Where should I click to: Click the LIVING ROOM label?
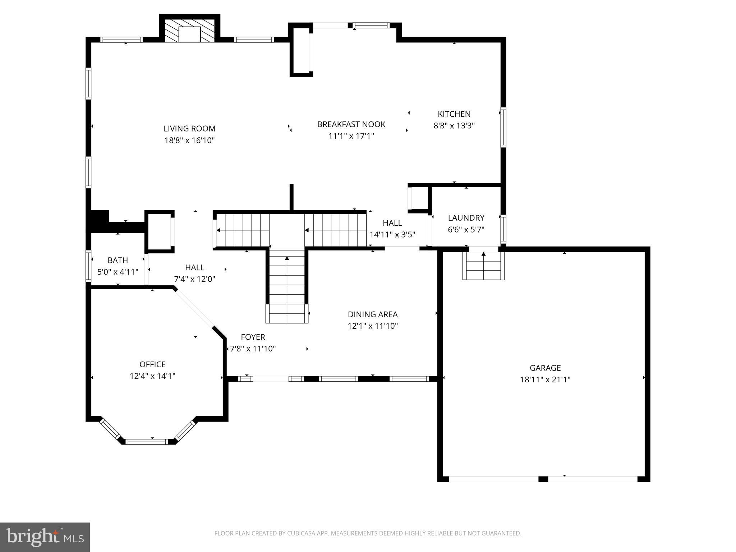click(x=189, y=129)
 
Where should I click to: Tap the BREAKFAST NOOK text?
click(x=351, y=124)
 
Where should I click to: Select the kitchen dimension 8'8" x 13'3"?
click(x=454, y=126)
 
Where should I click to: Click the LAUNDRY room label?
click(x=466, y=218)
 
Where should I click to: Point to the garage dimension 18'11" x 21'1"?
click(x=545, y=379)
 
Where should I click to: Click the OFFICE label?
click(x=152, y=364)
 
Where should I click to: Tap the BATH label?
click(x=118, y=260)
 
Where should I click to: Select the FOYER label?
click(x=253, y=337)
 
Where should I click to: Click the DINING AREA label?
click(x=373, y=314)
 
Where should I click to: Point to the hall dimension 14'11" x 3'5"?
click(x=392, y=235)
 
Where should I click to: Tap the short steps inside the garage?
click(x=483, y=266)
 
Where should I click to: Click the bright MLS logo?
click(x=45, y=537)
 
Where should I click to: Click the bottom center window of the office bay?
click(x=147, y=441)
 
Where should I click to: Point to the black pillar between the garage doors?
click(x=543, y=479)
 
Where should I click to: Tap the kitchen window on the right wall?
click(x=503, y=127)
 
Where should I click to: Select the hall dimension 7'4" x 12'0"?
click(x=194, y=279)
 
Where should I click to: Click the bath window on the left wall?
click(x=88, y=266)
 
